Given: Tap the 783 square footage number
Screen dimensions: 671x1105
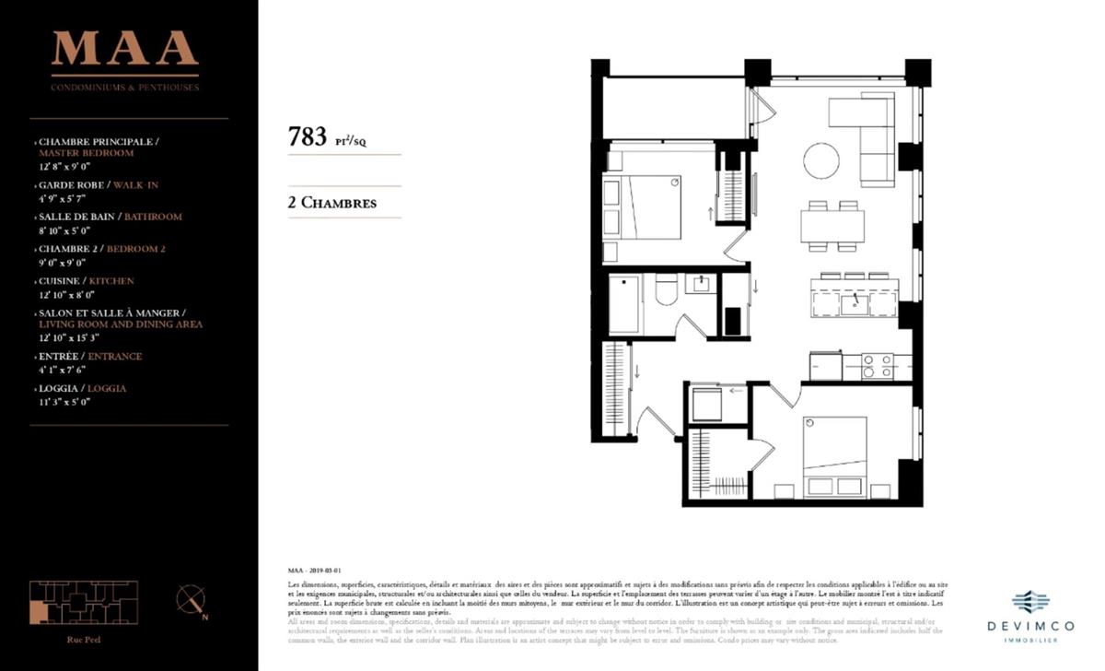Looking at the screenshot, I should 308,137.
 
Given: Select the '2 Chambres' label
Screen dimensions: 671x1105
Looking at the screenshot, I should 332,203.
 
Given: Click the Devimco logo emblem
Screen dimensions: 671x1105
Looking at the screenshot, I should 1030,601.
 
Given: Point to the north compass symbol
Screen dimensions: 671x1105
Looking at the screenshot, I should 191,600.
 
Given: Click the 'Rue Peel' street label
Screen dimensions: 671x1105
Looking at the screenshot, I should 84,639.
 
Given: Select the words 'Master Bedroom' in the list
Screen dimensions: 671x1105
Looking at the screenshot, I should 87,153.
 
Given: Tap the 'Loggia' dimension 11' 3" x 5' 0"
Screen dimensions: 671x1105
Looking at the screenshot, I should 64,401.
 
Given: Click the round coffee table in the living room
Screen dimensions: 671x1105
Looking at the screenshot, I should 821,160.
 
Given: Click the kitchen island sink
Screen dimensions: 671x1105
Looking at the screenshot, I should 855,303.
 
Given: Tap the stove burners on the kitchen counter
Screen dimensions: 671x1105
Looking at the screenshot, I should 878,367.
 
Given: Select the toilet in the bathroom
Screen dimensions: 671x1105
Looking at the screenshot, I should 666,291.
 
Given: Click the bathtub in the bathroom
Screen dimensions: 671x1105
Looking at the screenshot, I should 624,304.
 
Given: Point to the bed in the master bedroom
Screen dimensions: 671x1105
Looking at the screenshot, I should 834,457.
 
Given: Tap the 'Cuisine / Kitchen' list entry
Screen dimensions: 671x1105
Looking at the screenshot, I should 87,281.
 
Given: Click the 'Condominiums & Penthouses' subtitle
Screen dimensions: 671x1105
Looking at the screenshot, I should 125,88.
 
